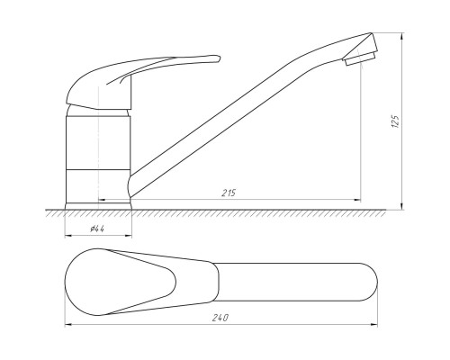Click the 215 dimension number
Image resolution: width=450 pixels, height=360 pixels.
229,193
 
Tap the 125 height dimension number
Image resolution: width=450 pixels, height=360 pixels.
396,121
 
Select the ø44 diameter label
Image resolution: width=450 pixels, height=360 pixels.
97,229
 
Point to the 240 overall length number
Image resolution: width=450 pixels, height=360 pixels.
220,318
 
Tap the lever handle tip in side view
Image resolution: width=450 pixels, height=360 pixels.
218,58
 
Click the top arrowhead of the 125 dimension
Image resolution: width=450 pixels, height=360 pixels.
402,36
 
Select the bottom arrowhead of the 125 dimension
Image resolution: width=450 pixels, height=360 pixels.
402,206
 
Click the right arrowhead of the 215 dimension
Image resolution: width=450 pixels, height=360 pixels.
357,200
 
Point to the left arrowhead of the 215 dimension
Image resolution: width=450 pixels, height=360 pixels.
102,199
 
